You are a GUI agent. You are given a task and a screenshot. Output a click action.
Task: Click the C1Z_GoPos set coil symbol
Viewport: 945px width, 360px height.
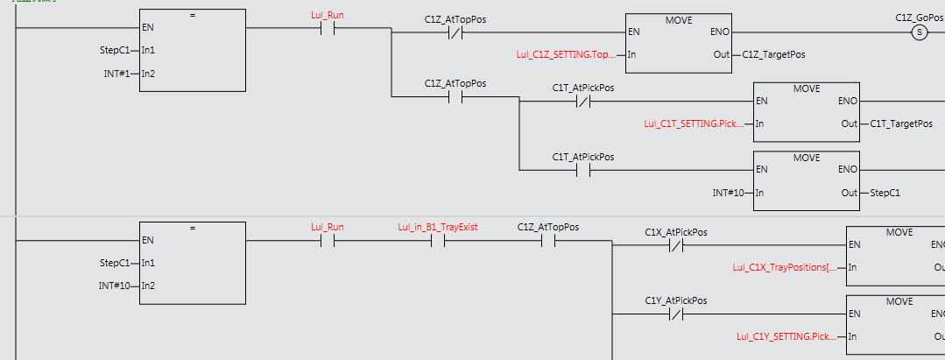pyautogui.click(x=919, y=33)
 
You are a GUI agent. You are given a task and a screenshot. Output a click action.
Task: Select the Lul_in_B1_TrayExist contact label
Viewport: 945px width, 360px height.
pyautogui.click(x=437, y=228)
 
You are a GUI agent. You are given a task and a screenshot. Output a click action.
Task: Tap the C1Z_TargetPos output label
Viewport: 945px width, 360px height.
pyautogui.click(x=773, y=54)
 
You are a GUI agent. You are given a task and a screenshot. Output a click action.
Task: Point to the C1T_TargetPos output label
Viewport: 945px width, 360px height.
pyautogui.click(x=901, y=124)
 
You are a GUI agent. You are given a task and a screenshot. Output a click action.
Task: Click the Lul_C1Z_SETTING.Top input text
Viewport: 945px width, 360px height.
pyautogui.click(x=566, y=54)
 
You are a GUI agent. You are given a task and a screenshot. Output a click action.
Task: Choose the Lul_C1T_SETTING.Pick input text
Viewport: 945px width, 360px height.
pyautogui.click(x=693, y=124)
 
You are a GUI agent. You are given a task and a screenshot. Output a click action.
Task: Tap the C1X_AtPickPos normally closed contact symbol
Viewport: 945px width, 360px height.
pyautogui.click(x=675, y=245)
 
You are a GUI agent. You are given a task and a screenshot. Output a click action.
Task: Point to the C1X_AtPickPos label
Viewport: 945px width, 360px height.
pyautogui.click(x=675, y=232)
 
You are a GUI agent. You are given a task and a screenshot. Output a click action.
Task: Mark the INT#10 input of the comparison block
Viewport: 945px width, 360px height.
pyautogui.click(x=117, y=285)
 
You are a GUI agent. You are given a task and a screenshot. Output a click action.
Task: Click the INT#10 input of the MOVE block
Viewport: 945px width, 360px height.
pyautogui.click(x=731, y=192)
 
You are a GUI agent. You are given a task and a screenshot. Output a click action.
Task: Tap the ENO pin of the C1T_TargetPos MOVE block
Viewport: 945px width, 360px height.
pyautogui.click(x=847, y=100)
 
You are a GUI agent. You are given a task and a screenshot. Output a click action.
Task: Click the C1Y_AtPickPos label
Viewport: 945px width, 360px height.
pyautogui.click(x=675, y=300)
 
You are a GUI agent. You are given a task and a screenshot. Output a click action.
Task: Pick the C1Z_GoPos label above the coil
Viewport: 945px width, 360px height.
pyautogui.click(x=918, y=17)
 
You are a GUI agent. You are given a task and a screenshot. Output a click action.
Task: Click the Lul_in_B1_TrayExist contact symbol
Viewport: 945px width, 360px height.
pyautogui.click(x=437, y=241)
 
